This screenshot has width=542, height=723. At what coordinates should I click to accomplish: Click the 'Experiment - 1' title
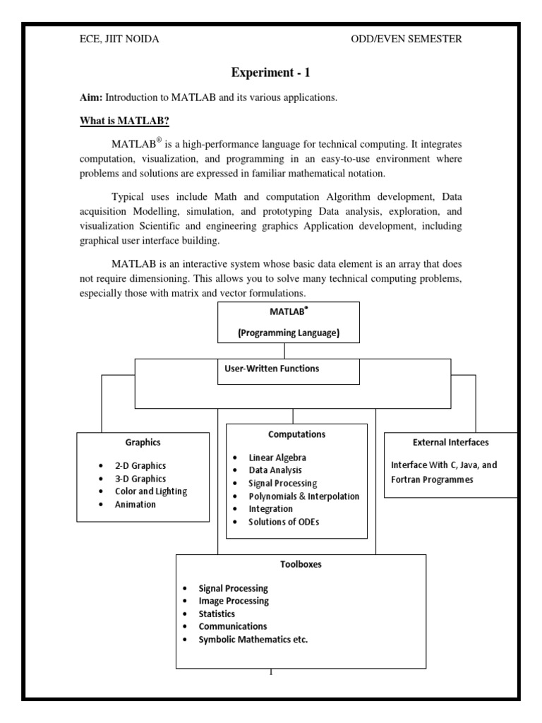(270, 73)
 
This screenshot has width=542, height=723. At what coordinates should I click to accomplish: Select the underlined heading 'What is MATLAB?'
(123, 121)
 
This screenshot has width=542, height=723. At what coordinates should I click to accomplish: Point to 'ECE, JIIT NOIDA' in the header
(119, 40)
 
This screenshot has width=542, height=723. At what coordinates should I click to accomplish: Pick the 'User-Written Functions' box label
(271, 369)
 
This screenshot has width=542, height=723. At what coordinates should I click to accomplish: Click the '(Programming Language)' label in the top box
(289, 333)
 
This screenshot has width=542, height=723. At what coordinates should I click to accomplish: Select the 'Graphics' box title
(143, 442)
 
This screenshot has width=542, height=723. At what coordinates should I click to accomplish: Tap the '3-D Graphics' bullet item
(140, 479)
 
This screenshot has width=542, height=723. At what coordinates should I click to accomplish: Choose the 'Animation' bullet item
(135, 504)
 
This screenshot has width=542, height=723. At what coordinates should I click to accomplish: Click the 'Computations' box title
(296, 434)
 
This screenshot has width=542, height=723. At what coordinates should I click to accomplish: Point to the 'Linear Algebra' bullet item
(277, 458)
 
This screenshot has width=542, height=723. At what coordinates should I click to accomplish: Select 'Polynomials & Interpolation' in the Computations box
(303, 496)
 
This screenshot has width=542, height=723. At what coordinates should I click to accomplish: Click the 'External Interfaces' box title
(450, 442)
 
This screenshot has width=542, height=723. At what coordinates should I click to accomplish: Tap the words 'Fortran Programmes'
(433, 479)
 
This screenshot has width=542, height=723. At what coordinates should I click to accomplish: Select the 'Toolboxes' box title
(301, 565)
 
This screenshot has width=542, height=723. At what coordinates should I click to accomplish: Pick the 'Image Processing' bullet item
(234, 601)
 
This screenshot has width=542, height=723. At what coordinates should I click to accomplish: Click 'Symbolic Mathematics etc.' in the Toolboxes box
(253, 639)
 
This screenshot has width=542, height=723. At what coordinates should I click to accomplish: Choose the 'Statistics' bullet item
(217, 614)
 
